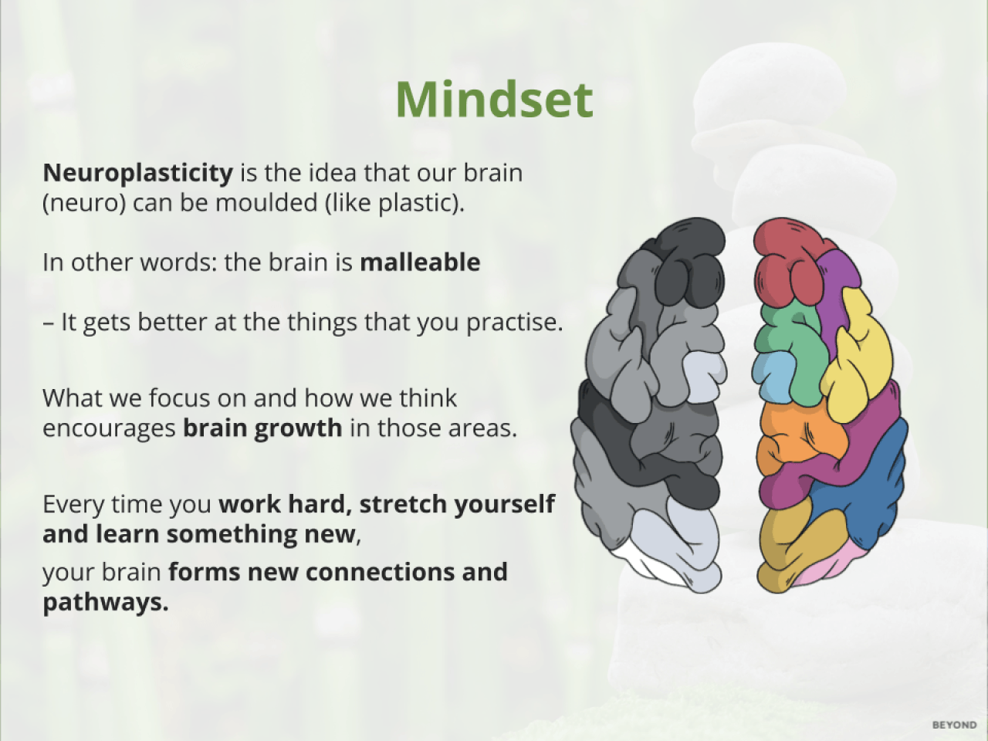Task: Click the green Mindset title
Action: [x=494, y=100]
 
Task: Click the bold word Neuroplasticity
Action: [x=137, y=173]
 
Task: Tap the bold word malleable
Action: [x=420, y=262]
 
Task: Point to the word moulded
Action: [x=266, y=203]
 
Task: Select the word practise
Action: [x=515, y=323]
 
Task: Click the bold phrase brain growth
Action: [x=262, y=428]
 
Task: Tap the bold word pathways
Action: [x=105, y=603]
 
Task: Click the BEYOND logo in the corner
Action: [x=954, y=725]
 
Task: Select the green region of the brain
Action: [x=797, y=347]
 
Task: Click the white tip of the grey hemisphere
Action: [x=648, y=565]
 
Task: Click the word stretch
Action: [x=403, y=504]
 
